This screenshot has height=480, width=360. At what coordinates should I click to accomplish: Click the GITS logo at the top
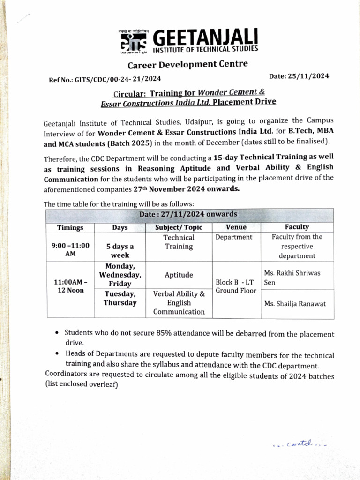coord(133,41)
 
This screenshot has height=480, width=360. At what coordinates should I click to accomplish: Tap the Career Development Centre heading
coord(187,64)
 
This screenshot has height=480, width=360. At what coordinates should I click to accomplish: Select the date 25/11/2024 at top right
coord(299,76)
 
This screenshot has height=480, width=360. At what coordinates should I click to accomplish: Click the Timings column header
coord(70,228)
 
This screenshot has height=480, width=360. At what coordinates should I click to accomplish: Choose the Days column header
coord(120,228)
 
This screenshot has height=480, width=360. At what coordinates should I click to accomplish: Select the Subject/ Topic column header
coord(179,227)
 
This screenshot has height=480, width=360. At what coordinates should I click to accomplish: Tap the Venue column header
coord(236,227)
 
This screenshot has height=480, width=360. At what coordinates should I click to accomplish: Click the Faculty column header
coord(297,227)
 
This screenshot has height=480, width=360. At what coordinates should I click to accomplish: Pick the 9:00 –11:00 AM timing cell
coord(70,248)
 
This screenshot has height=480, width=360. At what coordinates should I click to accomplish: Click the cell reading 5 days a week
coord(120,251)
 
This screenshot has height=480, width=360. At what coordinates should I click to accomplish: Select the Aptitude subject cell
coord(179,275)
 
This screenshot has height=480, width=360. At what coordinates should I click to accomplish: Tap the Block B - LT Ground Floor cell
coord(236,286)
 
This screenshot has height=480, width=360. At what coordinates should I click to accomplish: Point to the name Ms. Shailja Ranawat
coord(295,304)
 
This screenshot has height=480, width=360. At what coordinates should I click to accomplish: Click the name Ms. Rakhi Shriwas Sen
coord(292,277)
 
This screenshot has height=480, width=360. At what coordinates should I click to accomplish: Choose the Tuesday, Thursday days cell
coord(120,298)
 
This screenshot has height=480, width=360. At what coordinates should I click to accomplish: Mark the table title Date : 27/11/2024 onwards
coord(188,214)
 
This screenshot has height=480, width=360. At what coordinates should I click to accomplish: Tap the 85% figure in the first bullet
coord(150,333)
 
